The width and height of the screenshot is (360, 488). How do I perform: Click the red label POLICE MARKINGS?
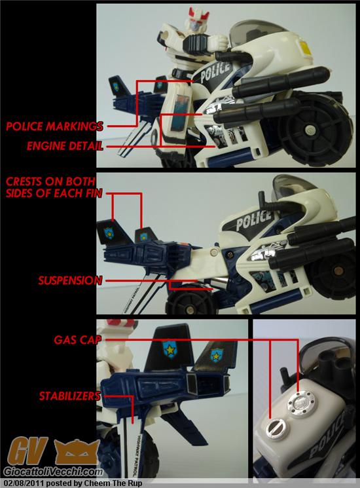coord(54,126)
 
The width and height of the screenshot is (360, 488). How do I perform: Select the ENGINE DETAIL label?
coord(65,145)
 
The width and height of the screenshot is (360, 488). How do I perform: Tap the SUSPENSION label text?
coord(70,280)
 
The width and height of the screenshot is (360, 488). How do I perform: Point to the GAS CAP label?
coord(78,339)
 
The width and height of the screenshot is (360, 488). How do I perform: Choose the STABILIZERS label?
coord(70,396)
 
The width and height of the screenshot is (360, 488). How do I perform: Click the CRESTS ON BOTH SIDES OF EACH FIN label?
coord(54,187)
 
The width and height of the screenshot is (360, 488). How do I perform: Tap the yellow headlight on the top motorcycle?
coord(305,47)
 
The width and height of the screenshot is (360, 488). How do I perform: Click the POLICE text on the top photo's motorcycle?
coord(215,72)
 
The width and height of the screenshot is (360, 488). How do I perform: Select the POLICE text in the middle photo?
coord(254,220)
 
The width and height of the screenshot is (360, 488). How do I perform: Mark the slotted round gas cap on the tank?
coord(276,428)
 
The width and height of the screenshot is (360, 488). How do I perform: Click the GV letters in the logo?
coord(28,451)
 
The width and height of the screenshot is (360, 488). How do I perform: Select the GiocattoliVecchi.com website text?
coord(53,472)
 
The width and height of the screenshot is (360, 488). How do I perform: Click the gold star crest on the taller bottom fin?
coord(170,349)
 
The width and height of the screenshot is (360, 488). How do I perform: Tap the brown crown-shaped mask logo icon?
coord(77,452)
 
